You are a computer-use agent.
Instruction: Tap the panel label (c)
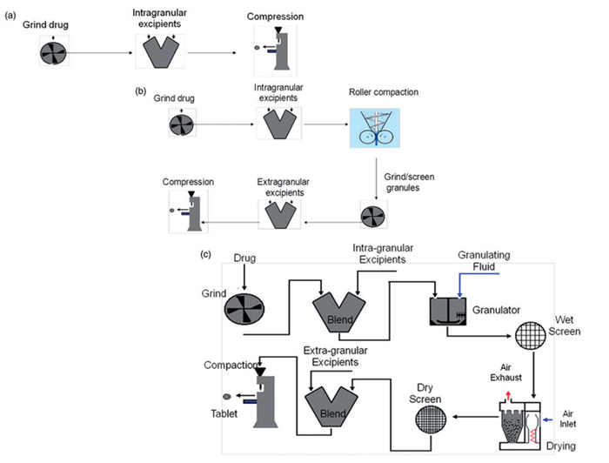(x=205, y=254)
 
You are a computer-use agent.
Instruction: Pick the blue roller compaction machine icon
(x=375, y=131)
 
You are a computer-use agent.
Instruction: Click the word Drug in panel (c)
(x=248, y=260)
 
